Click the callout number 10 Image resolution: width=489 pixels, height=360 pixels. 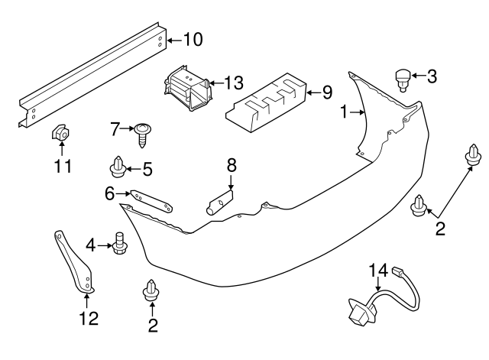[193, 39]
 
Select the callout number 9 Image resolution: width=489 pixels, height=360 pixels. [326, 92]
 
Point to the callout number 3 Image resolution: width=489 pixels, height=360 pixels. [432, 76]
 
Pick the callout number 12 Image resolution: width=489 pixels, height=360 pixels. [89, 317]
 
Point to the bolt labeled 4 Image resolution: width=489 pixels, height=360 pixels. [118, 244]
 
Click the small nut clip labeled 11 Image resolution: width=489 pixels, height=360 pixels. [60, 134]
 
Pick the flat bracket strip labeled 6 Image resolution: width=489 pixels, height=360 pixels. [151, 200]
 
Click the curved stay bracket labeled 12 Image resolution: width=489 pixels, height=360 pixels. [76, 261]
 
